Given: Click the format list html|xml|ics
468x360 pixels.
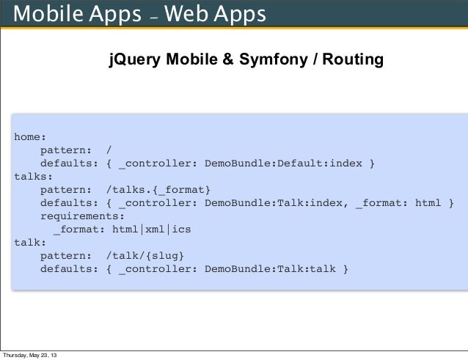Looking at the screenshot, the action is tap(151, 229).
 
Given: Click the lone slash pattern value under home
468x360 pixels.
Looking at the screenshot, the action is tap(110, 150).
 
